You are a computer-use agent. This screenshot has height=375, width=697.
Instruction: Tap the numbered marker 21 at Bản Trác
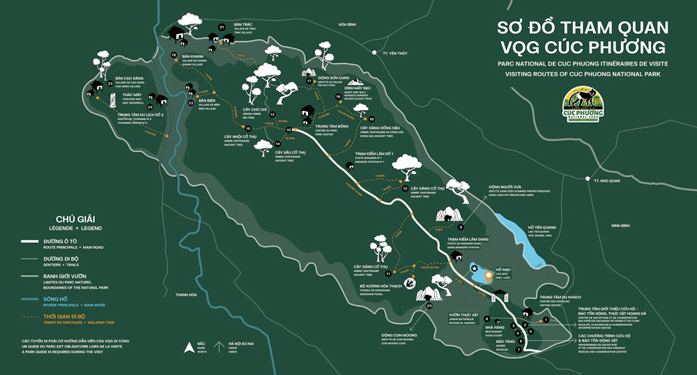222,27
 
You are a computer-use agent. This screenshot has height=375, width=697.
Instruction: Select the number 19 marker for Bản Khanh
174,54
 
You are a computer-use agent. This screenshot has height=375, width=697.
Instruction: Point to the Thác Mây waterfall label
132,95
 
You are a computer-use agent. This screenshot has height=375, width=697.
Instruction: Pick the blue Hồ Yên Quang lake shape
533,247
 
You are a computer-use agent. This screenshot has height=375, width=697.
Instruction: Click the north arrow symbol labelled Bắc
186,345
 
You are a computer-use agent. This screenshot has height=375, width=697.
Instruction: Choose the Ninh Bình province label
620,226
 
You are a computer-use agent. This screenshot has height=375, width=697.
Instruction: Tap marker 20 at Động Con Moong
429,305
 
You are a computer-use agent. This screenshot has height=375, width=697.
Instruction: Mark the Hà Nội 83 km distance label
241,344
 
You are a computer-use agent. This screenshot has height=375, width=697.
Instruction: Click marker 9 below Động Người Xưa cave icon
461,227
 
